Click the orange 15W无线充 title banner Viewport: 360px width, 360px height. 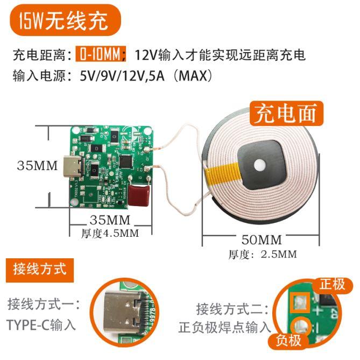tap(63, 21)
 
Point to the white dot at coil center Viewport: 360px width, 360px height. tap(260, 165)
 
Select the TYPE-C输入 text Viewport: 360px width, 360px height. tap(41, 324)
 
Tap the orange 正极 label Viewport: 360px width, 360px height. tap(332, 284)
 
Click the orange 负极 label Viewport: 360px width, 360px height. tap(288, 341)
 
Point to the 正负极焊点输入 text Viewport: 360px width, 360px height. tap(225, 327)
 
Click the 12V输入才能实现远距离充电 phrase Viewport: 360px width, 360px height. tap(220, 54)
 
